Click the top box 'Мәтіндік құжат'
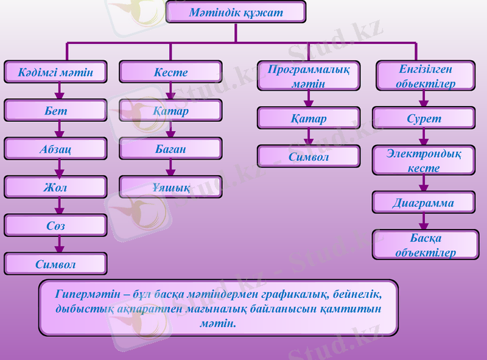(236, 12)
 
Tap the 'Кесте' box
(170, 72)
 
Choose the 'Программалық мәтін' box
(308, 76)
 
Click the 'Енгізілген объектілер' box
(424, 76)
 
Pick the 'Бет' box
(55, 111)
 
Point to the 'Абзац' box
(55, 149)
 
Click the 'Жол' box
(55, 188)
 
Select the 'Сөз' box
(55, 225)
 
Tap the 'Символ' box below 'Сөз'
(55, 264)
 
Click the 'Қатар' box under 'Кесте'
(170, 111)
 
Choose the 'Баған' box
(170, 149)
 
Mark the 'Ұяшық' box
(170, 188)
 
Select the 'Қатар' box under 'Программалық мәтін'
(308, 118)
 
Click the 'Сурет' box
(424, 118)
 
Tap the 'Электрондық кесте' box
(424, 160)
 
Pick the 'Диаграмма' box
(424, 202)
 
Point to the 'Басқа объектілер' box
(424, 245)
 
